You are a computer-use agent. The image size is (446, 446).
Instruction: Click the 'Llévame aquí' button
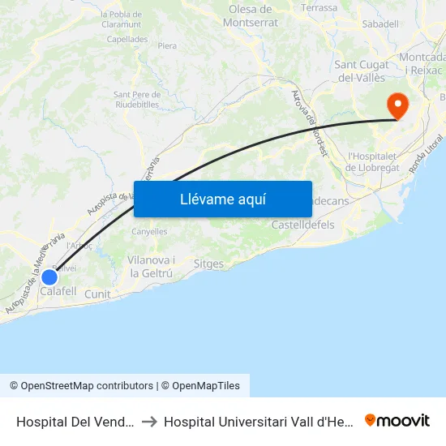(x=223, y=199)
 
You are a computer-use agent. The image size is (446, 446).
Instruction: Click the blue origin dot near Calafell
(x=49, y=277)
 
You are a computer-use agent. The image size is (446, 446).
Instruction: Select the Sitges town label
(x=208, y=264)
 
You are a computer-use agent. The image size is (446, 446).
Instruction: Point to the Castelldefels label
(x=302, y=225)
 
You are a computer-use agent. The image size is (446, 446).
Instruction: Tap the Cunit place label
(x=97, y=294)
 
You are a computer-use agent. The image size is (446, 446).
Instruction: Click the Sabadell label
(x=380, y=24)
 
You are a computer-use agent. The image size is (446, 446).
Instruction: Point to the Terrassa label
(x=319, y=8)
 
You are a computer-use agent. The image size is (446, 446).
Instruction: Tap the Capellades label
(x=127, y=38)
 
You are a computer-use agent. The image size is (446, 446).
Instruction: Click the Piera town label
(x=167, y=46)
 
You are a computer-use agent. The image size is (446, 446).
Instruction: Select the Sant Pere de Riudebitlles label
(x=136, y=99)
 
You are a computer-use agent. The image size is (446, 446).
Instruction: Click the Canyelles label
(x=149, y=231)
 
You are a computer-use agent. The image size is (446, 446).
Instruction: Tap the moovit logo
(x=397, y=420)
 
